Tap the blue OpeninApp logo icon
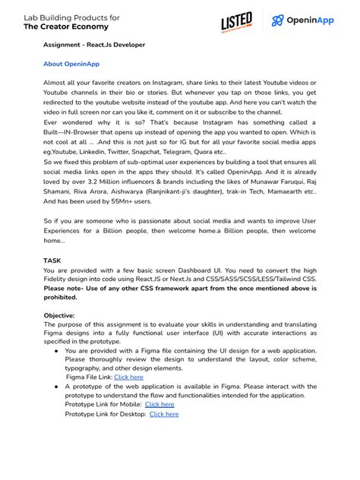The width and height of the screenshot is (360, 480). point(278,21)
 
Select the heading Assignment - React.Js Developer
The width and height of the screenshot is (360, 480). point(93,45)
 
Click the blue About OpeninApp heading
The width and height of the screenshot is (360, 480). point(71,64)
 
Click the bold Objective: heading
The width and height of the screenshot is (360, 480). point(59,315)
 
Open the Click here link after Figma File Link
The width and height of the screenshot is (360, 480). point(128,377)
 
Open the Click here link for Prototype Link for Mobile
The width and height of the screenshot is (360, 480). point(159,405)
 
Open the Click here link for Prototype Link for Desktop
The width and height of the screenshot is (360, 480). point(164,415)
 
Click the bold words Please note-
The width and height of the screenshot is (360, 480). point(65,288)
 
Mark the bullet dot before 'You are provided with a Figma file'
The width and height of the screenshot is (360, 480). point(57,351)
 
